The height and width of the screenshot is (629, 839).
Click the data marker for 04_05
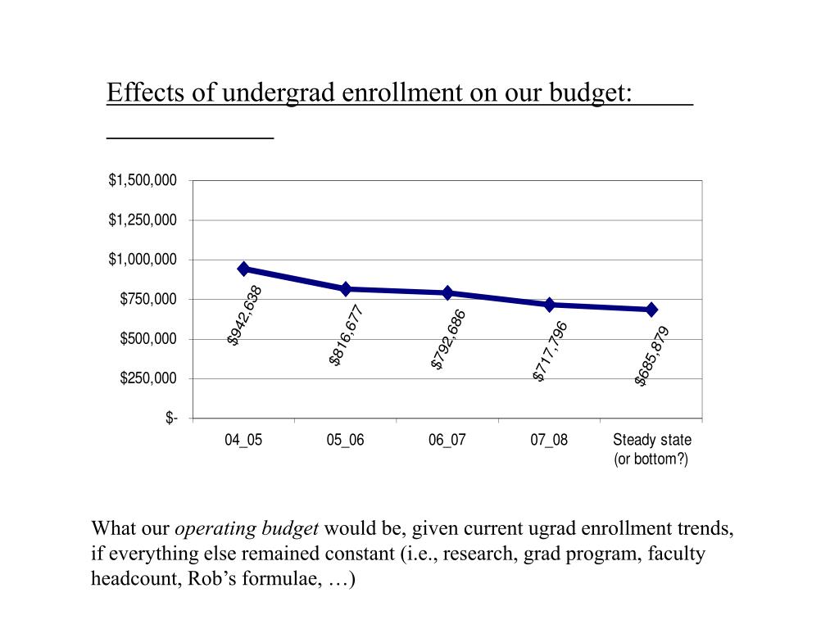click(244, 269)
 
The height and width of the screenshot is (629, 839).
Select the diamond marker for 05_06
click(346, 289)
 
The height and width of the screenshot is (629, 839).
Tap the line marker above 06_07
click(447, 292)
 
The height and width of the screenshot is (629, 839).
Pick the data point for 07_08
click(550, 305)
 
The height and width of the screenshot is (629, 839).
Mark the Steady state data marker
click(651, 310)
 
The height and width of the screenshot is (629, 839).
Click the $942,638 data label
click(245, 315)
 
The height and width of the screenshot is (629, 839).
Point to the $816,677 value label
click(346, 335)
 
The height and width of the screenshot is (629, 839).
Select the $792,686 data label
click(448, 339)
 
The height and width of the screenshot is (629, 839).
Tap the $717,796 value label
click(550, 351)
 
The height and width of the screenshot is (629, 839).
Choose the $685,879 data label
click(652, 355)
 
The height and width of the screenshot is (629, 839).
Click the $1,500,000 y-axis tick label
click(143, 180)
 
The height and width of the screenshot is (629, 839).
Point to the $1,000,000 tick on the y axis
click(143, 260)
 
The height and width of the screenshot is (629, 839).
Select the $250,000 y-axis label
click(148, 378)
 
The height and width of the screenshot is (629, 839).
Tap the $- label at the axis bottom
click(171, 419)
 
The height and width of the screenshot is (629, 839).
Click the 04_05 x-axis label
click(244, 440)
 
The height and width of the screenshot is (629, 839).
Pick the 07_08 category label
click(549, 440)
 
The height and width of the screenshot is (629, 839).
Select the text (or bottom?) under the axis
click(651, 459)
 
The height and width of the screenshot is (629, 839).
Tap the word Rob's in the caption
click(211, 580)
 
